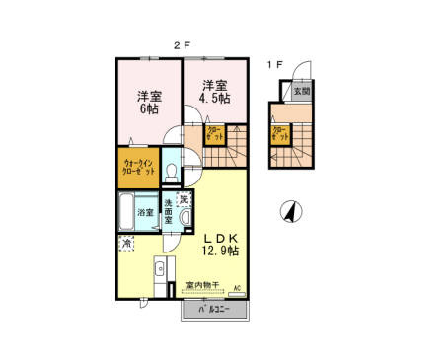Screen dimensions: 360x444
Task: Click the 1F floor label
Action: click(274, 65)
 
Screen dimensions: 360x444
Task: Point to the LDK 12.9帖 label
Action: click(221, 244)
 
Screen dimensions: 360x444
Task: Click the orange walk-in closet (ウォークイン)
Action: click(138, 167)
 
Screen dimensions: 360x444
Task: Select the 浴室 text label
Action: click(145, 212)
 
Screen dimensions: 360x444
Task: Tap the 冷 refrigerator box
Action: click(126, 242)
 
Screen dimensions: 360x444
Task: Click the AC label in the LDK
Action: click(236, 287)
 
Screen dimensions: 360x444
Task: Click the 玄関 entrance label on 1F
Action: click(301, 91)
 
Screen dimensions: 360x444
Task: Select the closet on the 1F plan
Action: click(279, 134)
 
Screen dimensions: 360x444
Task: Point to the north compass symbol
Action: click(289, 211)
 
